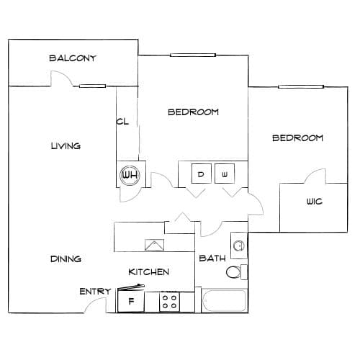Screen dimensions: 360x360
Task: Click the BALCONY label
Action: pos(72,58)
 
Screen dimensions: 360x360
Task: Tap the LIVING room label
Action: pos(66,145)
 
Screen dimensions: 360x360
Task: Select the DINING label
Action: pos(66,258)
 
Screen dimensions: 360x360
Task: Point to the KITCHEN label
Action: pos(149,272)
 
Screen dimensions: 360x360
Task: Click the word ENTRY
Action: pos(95,292)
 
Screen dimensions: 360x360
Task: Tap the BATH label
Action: pos(212,258)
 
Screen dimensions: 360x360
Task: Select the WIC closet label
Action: pos(315,201)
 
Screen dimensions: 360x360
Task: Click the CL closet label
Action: pos(122,122)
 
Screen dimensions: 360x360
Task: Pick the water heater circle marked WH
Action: pos(130,175)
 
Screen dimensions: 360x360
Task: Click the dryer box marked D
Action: pos(202,174)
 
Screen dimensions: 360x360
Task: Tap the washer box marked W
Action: pos(225,174)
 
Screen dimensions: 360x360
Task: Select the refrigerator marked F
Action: pos(131,301)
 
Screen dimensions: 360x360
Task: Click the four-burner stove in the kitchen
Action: pos(169,302)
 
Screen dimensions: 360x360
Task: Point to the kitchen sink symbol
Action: pos(154,245)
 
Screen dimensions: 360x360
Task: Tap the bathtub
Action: pos(224,300)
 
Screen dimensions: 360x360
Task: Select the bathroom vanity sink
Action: pos(238,246)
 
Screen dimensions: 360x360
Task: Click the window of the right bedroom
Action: pos(301,86)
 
